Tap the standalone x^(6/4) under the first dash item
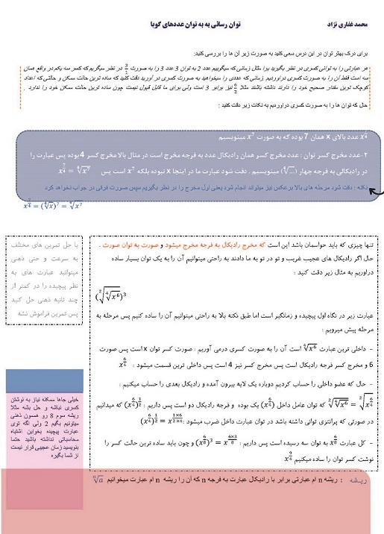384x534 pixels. pyautogui.click(x=122, y=365)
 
